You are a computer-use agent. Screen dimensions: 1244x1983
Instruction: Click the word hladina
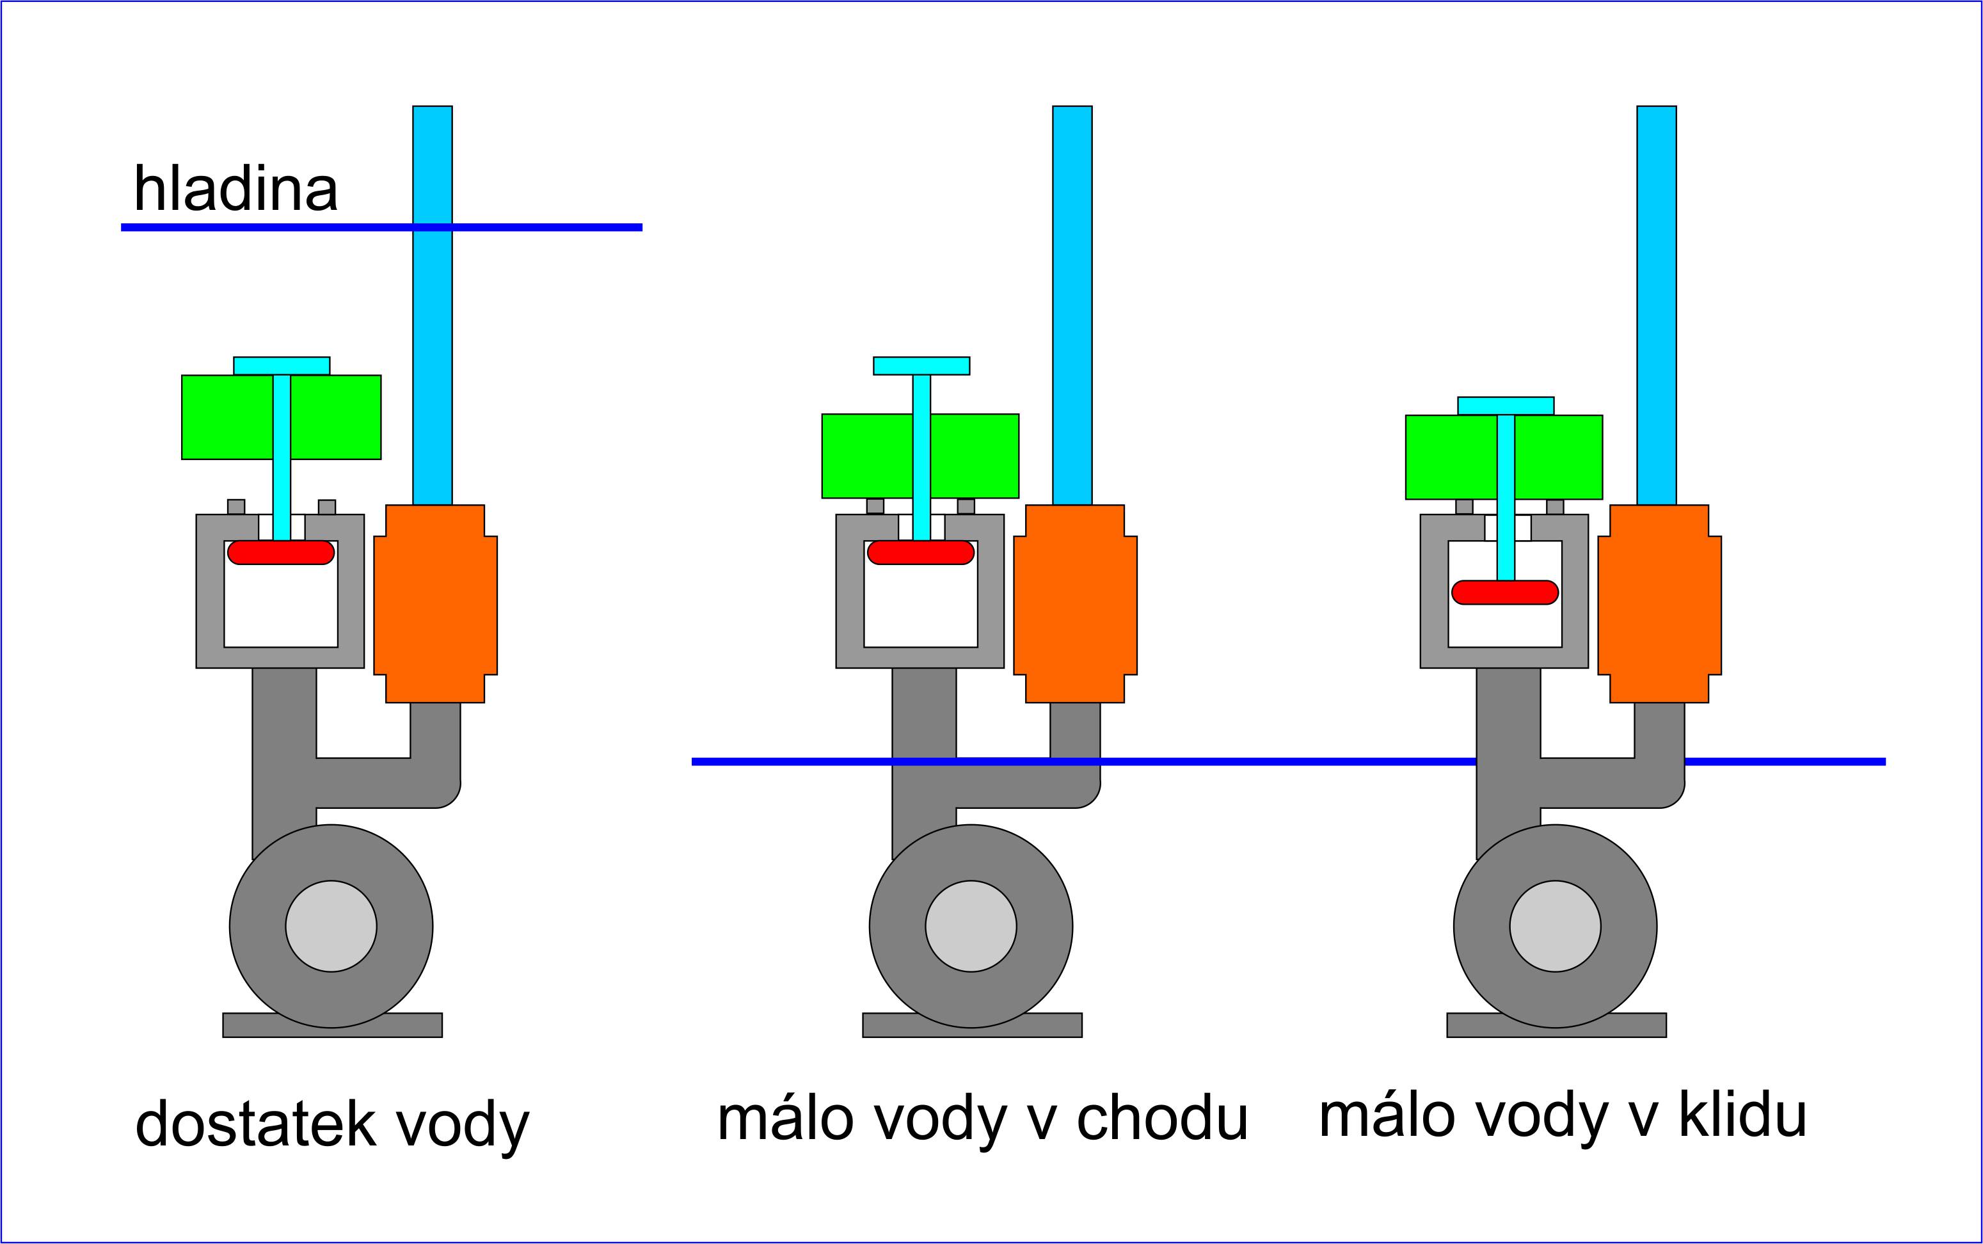click(235, 189)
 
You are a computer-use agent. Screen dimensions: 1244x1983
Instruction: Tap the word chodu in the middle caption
click(1161, 1119)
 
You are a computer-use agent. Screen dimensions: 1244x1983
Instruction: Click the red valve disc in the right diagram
click(1504, 593)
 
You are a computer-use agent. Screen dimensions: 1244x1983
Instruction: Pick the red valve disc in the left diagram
click(280, 552)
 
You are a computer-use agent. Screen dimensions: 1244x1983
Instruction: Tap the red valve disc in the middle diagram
click(920, 552)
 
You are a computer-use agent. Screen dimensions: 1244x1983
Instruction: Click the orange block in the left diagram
click(435, 604)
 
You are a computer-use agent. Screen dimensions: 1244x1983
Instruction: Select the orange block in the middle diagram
click(1075, 604)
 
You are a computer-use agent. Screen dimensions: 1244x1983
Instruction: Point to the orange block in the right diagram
click(1659, 604)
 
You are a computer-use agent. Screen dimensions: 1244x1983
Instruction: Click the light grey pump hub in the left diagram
click(331, 927)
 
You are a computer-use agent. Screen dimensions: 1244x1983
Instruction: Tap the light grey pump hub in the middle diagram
click(971, 927)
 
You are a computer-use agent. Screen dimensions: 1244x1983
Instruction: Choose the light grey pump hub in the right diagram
click(1554, 927)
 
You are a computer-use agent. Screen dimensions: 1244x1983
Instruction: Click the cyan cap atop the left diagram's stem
click(282, 365)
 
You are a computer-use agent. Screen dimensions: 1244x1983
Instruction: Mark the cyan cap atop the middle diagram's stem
click(921, 365)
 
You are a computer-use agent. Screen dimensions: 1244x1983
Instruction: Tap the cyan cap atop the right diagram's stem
click(1505, 406)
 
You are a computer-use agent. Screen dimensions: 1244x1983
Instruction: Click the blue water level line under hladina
click(247, 227)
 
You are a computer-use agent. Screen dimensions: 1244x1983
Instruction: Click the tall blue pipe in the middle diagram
click(1072, 305)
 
